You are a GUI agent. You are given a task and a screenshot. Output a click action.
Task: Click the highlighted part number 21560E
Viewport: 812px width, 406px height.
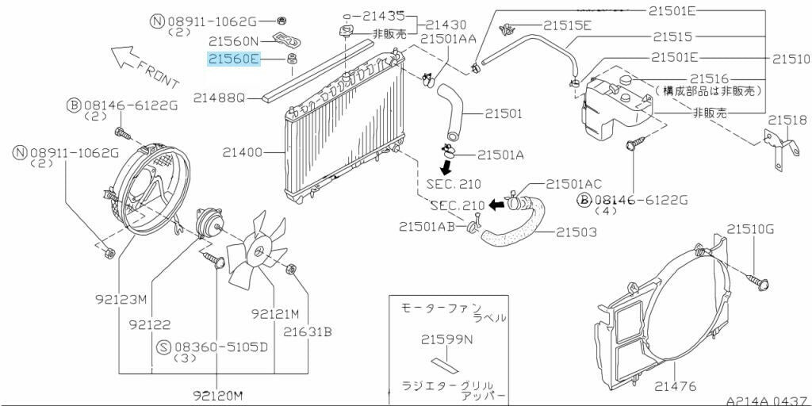234,59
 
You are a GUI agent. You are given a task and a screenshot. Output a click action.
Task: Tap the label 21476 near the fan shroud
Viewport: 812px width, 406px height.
676,386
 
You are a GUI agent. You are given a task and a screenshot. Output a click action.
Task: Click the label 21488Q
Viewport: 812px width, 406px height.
220,98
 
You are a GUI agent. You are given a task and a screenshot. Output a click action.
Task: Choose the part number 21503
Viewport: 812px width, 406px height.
576,232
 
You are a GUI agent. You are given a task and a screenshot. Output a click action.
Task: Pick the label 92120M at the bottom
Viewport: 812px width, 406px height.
216,394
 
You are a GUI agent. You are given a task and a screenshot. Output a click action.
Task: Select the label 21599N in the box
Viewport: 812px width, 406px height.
446,341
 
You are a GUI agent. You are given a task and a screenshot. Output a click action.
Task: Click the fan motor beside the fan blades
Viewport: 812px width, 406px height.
208,222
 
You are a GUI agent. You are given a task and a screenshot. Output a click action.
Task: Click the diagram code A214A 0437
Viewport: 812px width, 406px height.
767,400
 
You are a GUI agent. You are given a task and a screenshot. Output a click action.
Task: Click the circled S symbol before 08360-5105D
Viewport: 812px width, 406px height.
163,347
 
